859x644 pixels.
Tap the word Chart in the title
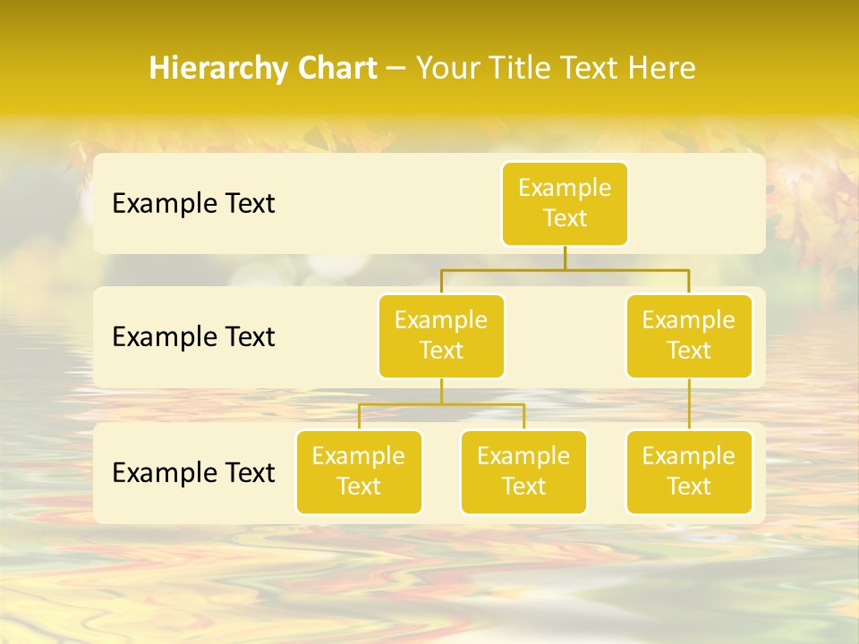335,69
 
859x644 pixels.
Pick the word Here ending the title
661,69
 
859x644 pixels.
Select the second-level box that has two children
441,336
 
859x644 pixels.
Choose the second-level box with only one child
689,336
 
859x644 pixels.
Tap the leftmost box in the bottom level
359,471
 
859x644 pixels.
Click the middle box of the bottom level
523,471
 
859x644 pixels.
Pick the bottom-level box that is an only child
689,471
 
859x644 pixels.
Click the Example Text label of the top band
193,204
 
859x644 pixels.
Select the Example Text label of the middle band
193,337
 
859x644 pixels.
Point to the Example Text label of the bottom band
193,472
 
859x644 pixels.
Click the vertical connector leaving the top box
565,258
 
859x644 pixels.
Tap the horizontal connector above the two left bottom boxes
483,404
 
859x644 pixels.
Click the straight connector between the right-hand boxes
689,404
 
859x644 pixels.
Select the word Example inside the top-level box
565,188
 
